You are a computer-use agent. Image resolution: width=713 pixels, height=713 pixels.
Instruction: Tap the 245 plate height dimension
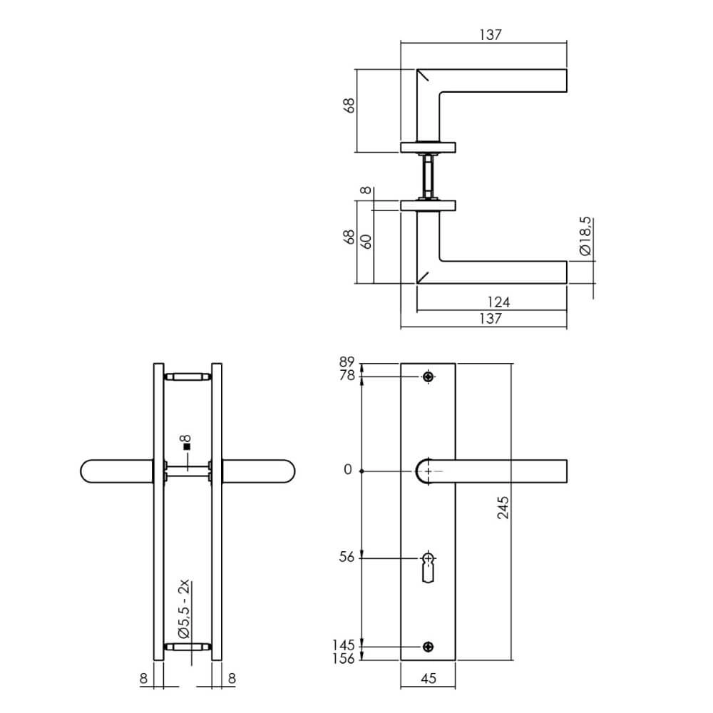(x=503, y=507)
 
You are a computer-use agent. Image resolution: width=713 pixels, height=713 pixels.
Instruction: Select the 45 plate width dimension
(x=428, y=678)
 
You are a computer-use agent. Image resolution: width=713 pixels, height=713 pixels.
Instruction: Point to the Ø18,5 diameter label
(x=585, y=237)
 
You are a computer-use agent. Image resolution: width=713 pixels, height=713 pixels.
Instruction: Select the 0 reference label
(x=348, y=471)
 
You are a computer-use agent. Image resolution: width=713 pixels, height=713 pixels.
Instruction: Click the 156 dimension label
(x=344, y=659)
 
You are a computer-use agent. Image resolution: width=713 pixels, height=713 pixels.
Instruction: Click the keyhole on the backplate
(x=428, y=567)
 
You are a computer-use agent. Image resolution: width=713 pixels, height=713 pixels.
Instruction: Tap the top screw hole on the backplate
(x=428, y=376)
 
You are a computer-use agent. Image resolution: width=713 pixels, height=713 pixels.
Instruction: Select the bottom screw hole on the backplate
(x=428, y=647)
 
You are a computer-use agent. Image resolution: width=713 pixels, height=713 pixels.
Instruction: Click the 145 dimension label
(x=344, y=646)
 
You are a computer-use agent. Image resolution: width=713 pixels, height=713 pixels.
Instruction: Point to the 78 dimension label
(x=347, y=376)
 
